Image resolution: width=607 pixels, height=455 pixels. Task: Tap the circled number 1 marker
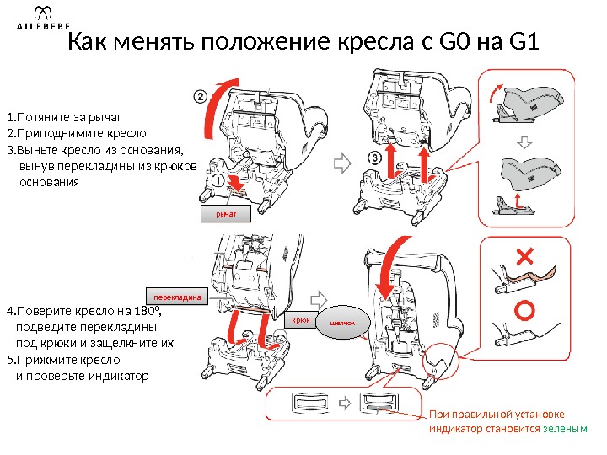click(217, 179)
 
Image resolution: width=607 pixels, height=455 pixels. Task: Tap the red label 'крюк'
click(301, 321)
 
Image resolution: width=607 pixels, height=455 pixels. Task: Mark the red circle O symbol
click(524, 311)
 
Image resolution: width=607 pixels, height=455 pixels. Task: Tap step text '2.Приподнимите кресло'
click(76, 133)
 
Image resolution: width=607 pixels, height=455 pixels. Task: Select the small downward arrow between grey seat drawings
click(524, 142)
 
